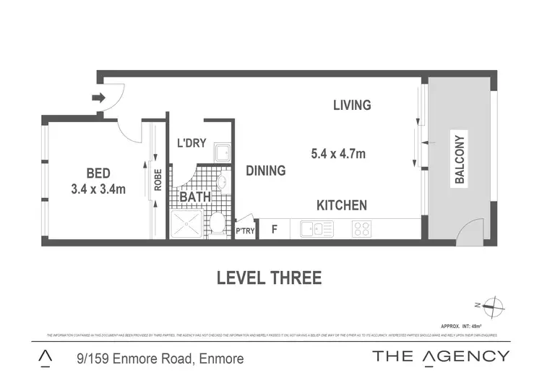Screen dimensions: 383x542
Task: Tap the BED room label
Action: point(98,173)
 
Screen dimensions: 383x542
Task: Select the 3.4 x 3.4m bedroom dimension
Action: point(98,189)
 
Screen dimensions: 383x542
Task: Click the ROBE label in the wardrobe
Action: point(158,180)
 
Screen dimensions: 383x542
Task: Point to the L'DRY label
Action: point(192,143)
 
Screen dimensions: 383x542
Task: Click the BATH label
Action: point(195,197)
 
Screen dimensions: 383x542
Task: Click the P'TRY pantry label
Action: point(246,231)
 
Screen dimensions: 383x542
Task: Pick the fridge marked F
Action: point(274,230)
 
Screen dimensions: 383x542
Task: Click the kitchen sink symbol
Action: point(316,229)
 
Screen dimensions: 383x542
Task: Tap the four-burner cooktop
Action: point(361,229)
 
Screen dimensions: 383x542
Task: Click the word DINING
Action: point(265,171)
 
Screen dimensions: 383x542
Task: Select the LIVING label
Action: point(352,106)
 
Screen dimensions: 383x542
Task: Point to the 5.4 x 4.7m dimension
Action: point(337,153)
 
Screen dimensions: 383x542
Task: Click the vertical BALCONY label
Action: point(459,159)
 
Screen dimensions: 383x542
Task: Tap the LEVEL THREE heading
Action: point(269,278)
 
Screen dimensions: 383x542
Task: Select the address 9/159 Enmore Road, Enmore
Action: point(160,358)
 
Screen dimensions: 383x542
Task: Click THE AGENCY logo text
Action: point(440,356)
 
